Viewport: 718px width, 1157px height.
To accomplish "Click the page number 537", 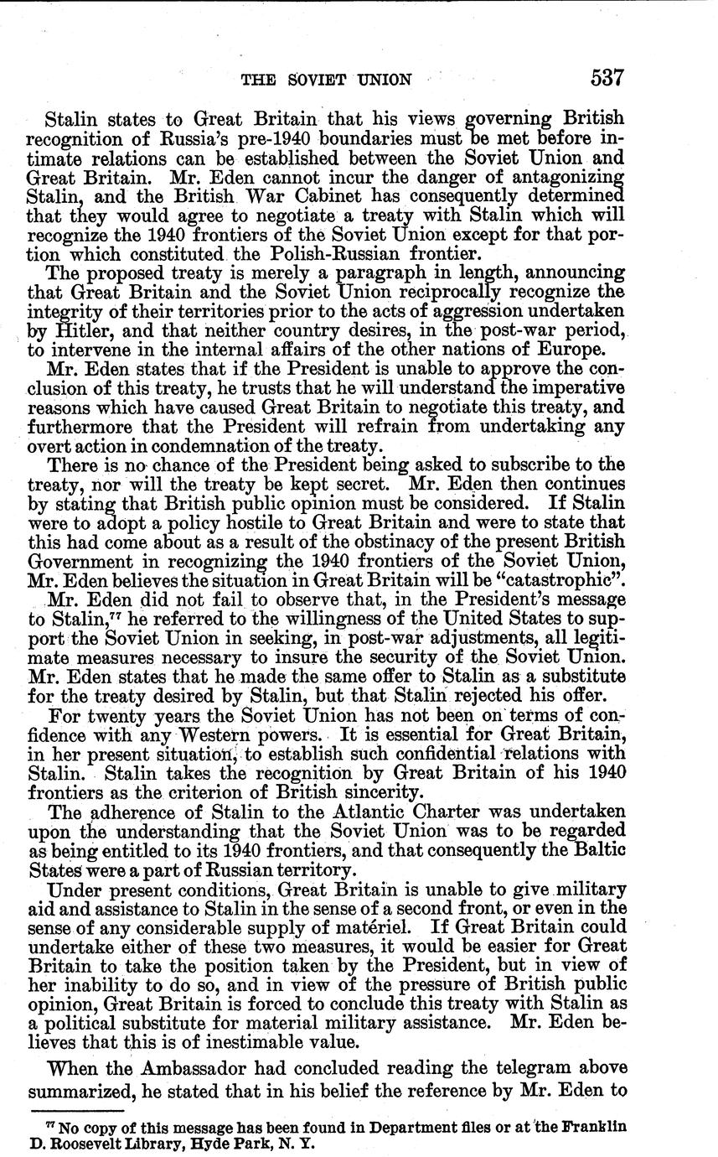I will pyautogui.click(x=607, y=79).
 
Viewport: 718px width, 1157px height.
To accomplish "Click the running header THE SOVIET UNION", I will pyautogui.click(x=326, y=80).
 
